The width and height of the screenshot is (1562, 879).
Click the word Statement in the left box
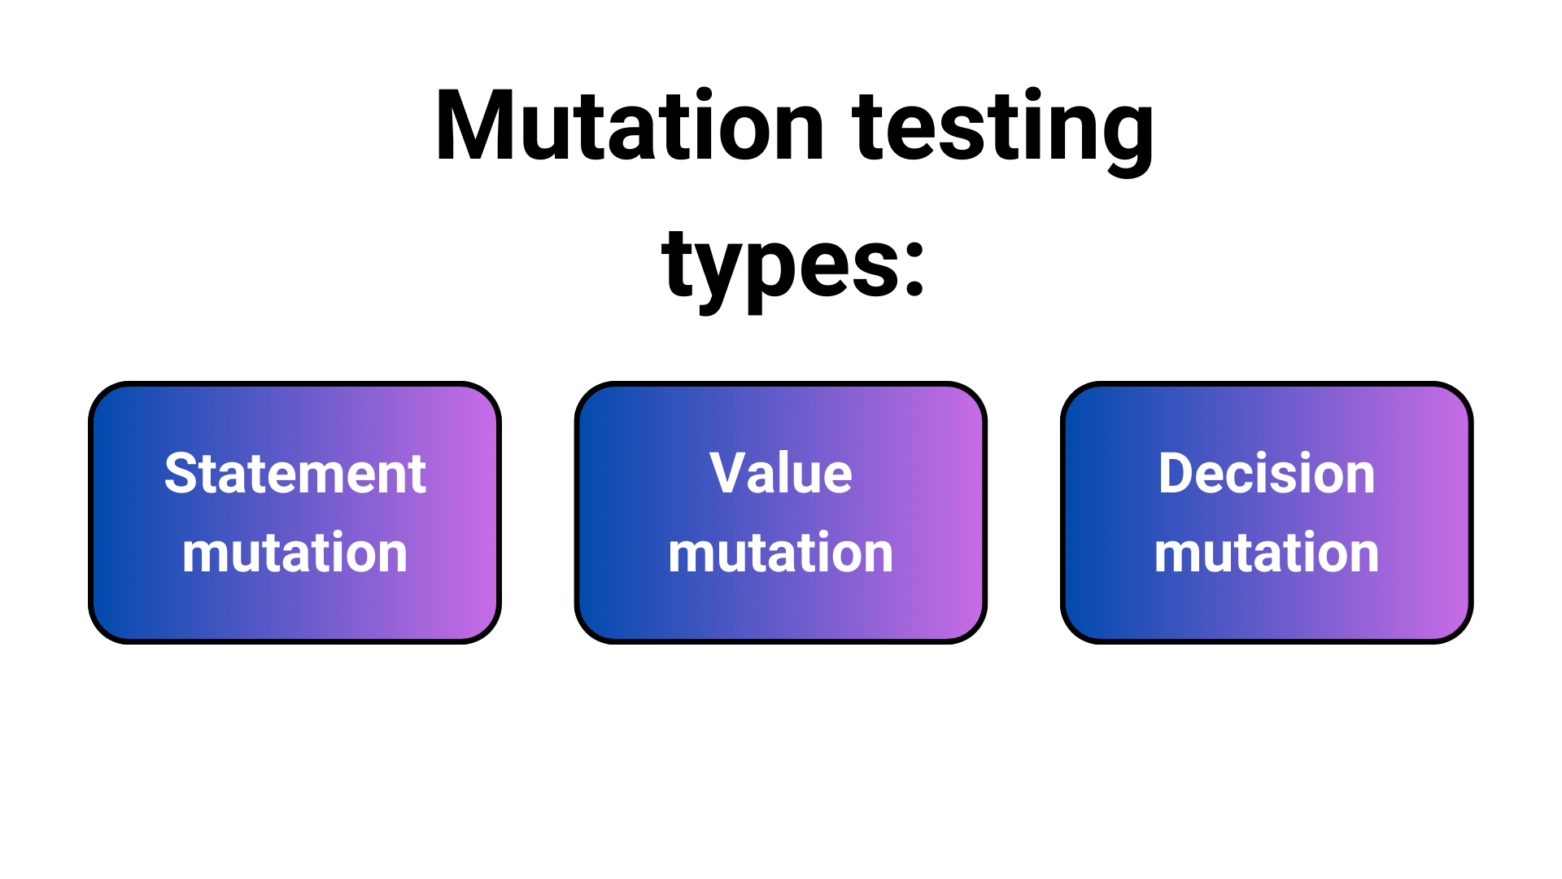(295, 474)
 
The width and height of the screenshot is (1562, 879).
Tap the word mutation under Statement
(295, 553)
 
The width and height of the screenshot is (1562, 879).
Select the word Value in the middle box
(780, 474)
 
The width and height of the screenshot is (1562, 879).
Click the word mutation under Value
(780, 553)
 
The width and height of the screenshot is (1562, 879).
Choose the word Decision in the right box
(1266, 474)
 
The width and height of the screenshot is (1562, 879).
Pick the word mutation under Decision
(1266, 553)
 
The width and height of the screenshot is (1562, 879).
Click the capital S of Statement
(181, 474)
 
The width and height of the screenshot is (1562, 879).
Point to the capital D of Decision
(1176, 474)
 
